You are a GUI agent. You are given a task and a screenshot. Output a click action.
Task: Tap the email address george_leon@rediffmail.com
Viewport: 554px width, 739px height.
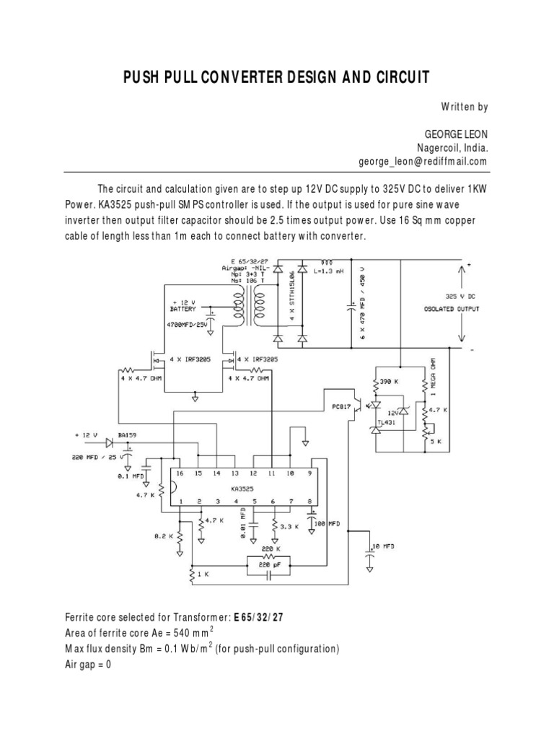pos(423,162)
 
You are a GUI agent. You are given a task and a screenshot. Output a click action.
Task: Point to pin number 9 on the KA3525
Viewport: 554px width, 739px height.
pos(309,473)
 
